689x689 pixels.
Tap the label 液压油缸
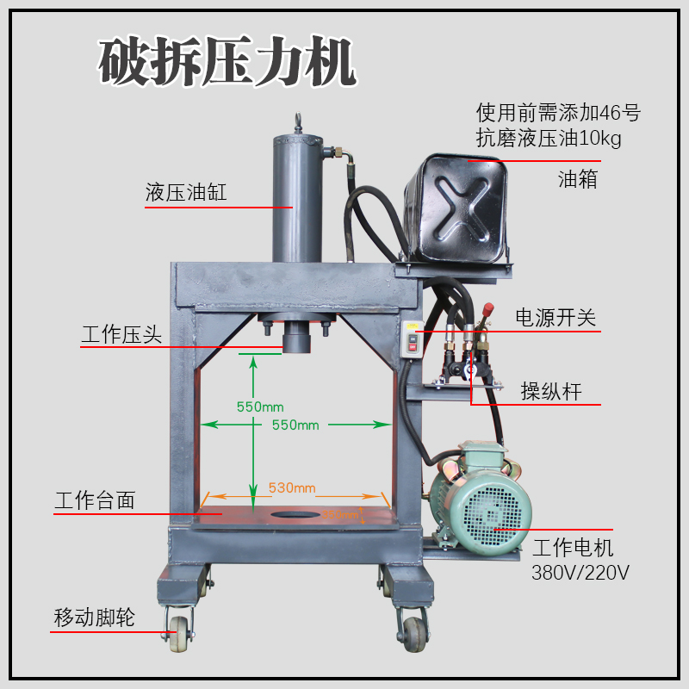coord(186,192)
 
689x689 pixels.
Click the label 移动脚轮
coord(94,618)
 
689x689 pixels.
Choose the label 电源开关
coord(556,317)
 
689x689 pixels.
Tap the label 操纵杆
coord(551,392)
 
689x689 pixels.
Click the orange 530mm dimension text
coord(292,487)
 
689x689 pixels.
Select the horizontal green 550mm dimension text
coord(295,425)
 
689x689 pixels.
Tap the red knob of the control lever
coord(488,308)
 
